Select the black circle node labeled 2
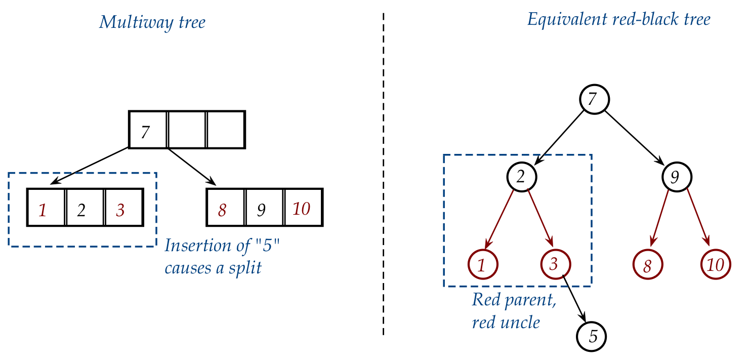pos(521,176)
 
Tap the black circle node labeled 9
pos(677,176)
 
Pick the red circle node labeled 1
pos(483,264)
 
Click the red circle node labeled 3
pos(555,264)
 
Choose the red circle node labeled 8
pos(648,264)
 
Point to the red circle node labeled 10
pos(716,264)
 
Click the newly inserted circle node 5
pos(591,336)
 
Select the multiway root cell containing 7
pos(148,130)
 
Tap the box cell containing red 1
pos(46,208)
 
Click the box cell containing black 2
pos(85,208)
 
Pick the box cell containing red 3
pos(124,208)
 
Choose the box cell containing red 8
pos(226,208)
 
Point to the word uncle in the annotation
pos(522,322)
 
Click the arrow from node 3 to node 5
pos(573,299)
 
